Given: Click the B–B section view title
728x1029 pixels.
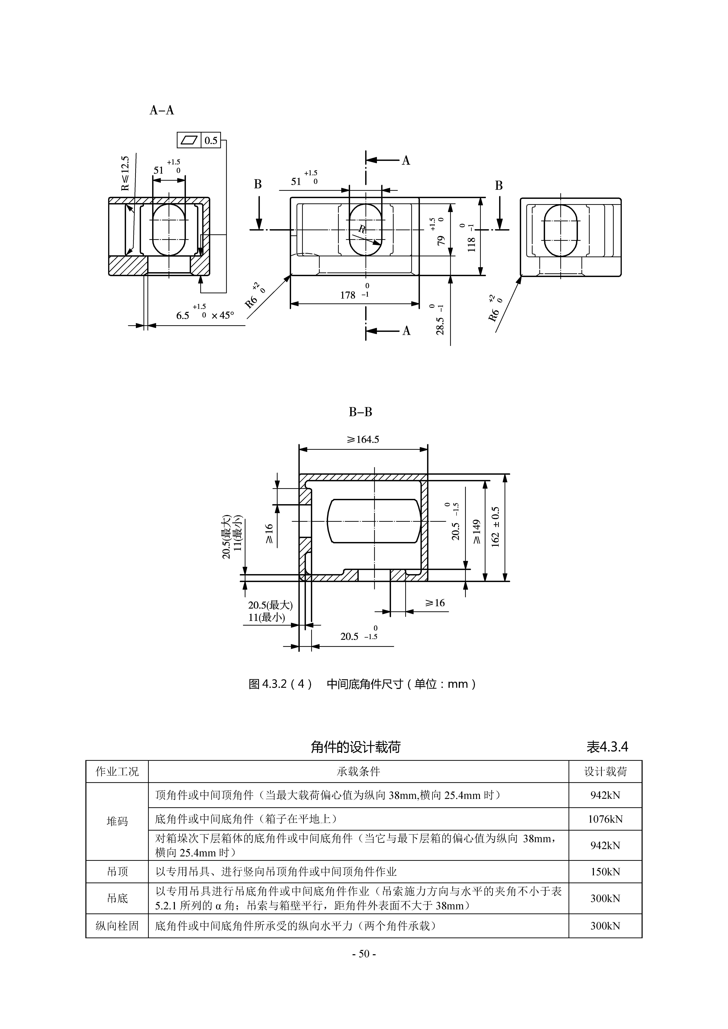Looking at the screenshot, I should [360, 412].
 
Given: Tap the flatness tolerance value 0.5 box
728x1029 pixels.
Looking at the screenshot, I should [211, 141].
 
